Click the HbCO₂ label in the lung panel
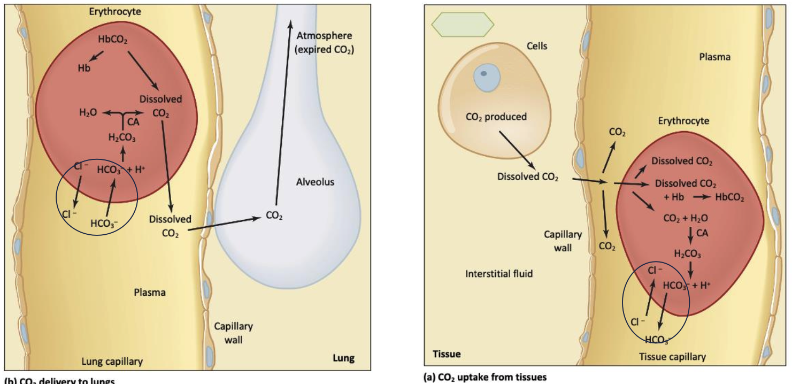112,39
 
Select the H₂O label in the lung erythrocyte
88,112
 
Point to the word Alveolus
315,182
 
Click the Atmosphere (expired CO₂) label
325,43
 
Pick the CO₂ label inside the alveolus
274,216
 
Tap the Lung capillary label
112,362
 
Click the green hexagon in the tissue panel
463,24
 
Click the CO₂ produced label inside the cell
496,117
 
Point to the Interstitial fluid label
499,274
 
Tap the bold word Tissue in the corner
446,354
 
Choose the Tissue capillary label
672,357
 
